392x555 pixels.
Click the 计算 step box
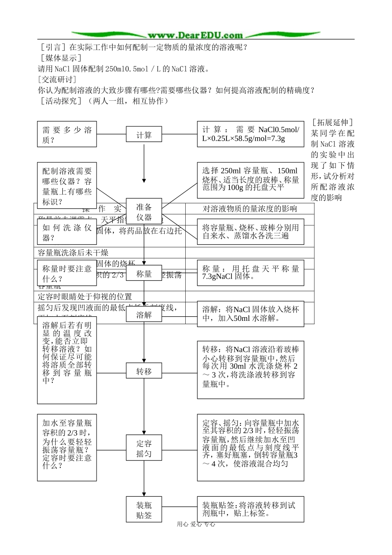pyautogui.click(x=144, y=135)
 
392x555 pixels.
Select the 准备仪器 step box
pyautogui.click(x=144, y=212)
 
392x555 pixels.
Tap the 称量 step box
pyautogui.click(x=144, y=273)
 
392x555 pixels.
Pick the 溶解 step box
pyautogui.click(x=144, y=315)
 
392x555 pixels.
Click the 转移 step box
pyautogui.click(x=144, y=372)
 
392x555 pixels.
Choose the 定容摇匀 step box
pyautogui.click(x=144, y=448)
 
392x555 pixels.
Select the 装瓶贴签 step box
pyautogui.click(x=144, y=510)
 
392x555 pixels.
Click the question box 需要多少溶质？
pyautogui.click(x=67, y=135)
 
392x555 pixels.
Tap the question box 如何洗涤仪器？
pyautogui.click(x=67, y=232)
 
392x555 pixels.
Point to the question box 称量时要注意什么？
pyautogui.click(x=67, y=273)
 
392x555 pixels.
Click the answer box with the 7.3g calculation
pyautogui.click(x=250, y=134)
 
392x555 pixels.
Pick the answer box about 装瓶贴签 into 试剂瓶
pyautogui.click(x=250, y=509)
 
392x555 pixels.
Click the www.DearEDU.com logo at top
pyautogui.click(x=195, y=35)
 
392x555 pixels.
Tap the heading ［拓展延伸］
pyautogui.click(x=333, y=123)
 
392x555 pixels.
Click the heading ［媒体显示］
pyautogui.click(x=59, y=58)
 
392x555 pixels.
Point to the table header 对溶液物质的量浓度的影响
pyautogui.click(x=250, y=209)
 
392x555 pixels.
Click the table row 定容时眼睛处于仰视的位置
pyautogui.click(x=85, y=296)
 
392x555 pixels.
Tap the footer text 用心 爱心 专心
pyautogui.click(x=196, y=524)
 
